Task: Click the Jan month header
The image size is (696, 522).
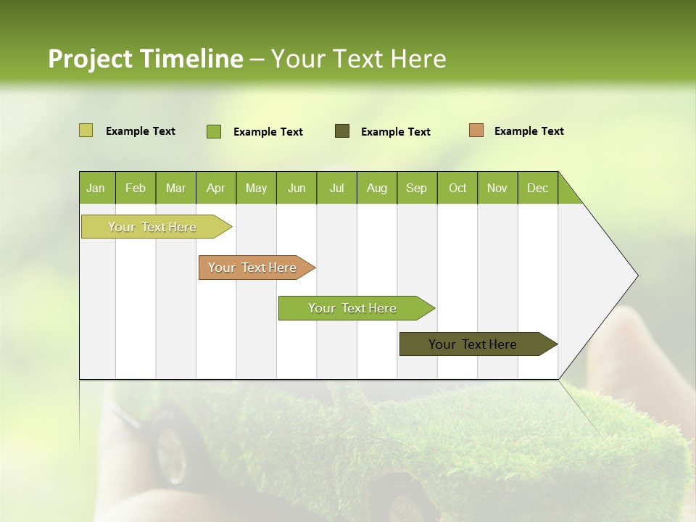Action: [96, 188]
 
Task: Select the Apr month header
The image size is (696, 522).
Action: [216, 188]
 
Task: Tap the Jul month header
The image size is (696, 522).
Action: [336, 188]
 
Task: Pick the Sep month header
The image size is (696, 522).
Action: [417, 188]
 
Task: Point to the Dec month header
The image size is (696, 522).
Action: [537, 188]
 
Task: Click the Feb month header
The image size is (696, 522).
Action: [136, 188]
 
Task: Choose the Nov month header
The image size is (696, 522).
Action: [497, 188]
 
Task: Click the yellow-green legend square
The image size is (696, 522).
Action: [86, 130]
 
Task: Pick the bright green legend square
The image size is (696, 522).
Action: [214, 131]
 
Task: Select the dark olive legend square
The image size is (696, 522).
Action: [342, 130]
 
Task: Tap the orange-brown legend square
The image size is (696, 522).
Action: [476, 130]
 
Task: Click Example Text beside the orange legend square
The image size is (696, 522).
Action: [529, 131]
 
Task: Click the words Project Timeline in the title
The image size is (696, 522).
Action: [145, 59]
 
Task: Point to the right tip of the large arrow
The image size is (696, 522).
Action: [636, 275]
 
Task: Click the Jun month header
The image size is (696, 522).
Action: [297, 188]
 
